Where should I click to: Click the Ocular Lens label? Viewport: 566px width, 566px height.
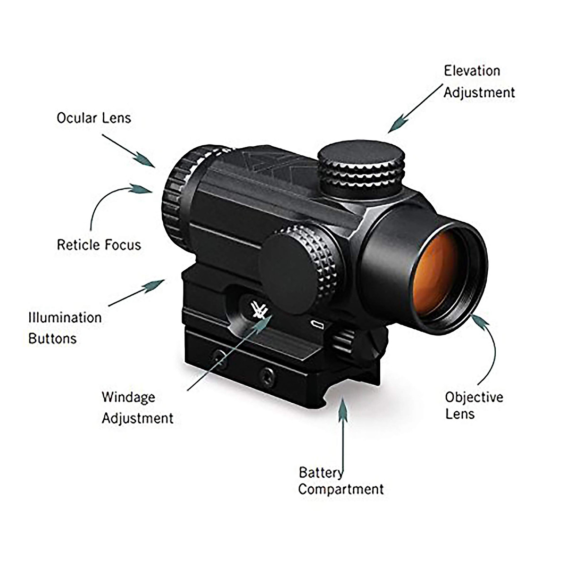click(94, 117)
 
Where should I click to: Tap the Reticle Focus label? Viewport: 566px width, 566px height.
click(99, 244)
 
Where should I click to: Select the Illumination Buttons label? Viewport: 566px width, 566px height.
click(65, 327)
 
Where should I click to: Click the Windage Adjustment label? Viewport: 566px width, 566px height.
click(137, 408)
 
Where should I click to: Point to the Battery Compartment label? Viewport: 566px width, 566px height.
click(341, 481)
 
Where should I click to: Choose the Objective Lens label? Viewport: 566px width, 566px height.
click(474, 405)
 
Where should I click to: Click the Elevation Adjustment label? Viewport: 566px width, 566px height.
click(479, 82)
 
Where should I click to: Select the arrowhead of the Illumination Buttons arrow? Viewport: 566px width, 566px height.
click(156, 284)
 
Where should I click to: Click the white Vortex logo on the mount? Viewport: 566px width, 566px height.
click(259, 311)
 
